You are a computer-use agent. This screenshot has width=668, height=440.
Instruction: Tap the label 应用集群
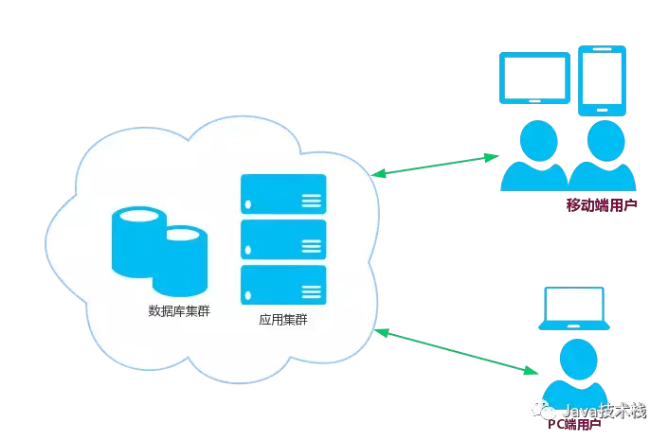pyautogui.click(x=283, y=320)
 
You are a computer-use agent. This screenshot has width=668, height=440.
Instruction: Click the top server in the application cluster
pyautogui.click(x=283, y=194)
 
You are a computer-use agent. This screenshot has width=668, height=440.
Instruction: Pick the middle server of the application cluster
pyautogui.click(x=283, y=239)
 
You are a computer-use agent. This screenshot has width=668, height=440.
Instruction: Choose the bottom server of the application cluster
pyautogui.click(x=283, y=284)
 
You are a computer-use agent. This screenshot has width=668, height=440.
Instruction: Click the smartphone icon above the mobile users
pyautogui.click(x=603, y=80)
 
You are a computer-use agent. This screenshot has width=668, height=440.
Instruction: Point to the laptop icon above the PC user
pyautogui.click(x=573, y=308)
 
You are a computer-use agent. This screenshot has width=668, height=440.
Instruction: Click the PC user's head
pyautogui.click(x=574, y=359)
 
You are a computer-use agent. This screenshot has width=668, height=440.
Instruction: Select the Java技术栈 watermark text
pyautogui.click(x=604, y=412)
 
